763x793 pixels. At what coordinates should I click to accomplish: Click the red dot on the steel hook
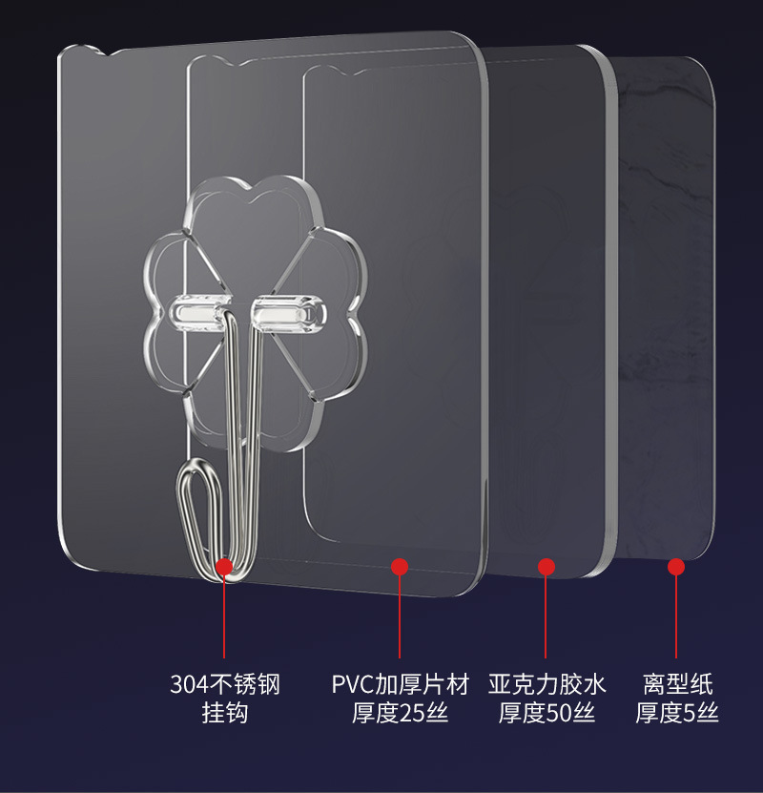[224, 567]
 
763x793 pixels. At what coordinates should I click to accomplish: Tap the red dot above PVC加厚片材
[400, 567]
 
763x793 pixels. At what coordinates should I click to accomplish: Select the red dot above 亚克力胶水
[546, 567]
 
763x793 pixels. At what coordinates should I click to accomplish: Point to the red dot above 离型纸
[676, 567]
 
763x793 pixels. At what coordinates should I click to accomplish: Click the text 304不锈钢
[224, 684]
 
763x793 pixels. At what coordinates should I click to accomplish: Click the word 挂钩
[224, 713]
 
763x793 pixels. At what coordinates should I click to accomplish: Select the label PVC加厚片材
[401, 684]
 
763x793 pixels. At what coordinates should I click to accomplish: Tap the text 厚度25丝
[401, 713]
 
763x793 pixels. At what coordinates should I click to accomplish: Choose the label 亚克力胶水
[546, 684]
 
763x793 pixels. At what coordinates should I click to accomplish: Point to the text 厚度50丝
[546, 713]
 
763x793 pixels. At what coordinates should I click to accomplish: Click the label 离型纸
[677, 684]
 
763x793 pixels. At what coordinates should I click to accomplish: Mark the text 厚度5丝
[677, 713]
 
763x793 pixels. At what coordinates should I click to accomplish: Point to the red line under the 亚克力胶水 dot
[546, 616]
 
